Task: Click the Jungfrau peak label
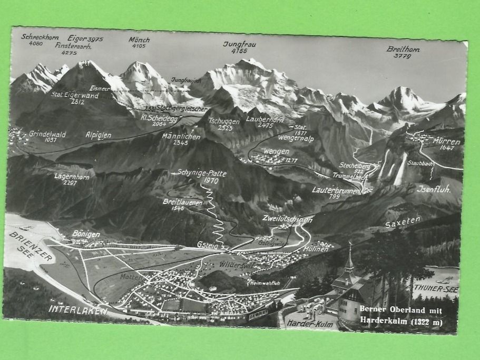point(235,44)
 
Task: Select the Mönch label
point(139,40)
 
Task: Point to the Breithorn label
point(403,49)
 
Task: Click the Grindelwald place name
point(47,134)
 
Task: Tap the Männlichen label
point(181,136)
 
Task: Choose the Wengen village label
point(276,151)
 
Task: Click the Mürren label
point(446,141)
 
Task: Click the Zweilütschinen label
point(287,218)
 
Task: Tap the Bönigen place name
point(86,234)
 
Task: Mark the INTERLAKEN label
point(78,309)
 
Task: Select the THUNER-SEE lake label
point(435,289)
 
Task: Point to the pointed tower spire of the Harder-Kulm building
point(349,258)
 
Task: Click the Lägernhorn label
point(72,176)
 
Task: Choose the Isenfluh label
point(434,188)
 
